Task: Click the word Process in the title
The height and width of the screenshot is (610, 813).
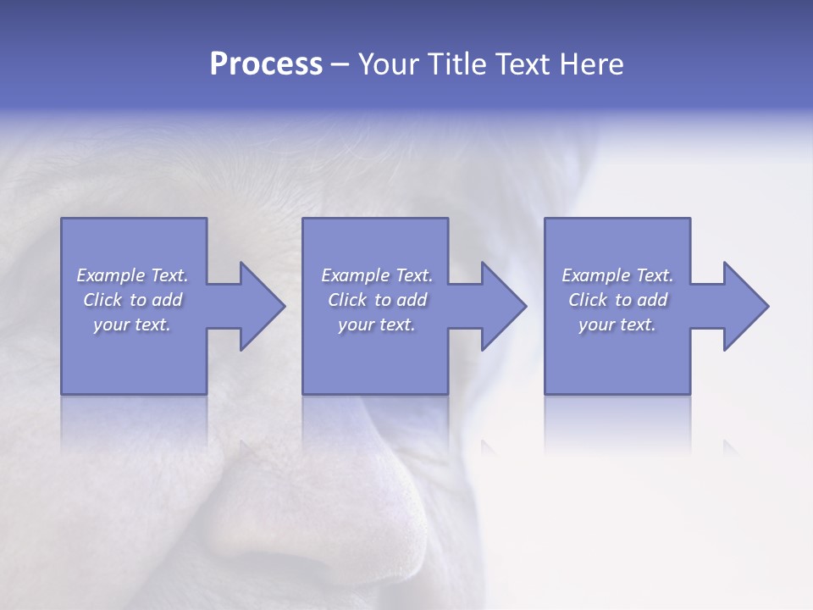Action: click(x=266, y=64)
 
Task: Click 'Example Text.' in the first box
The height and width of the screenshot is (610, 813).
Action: click(x=133, y=275)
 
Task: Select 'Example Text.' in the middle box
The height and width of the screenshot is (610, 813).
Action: click(x=377, y=275)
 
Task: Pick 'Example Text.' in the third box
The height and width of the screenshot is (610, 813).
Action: click(x=617, y=275)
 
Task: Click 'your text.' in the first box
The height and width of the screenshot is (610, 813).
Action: click(x=132, y=324)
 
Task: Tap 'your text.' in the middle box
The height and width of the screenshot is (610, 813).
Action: click(x=377, y=324)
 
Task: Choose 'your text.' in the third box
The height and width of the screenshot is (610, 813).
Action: click(x=617, y=324)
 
